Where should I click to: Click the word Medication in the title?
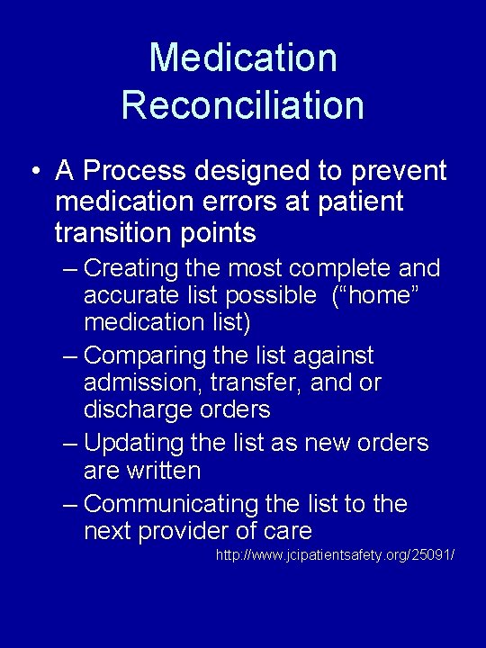[x=243, y=58]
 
